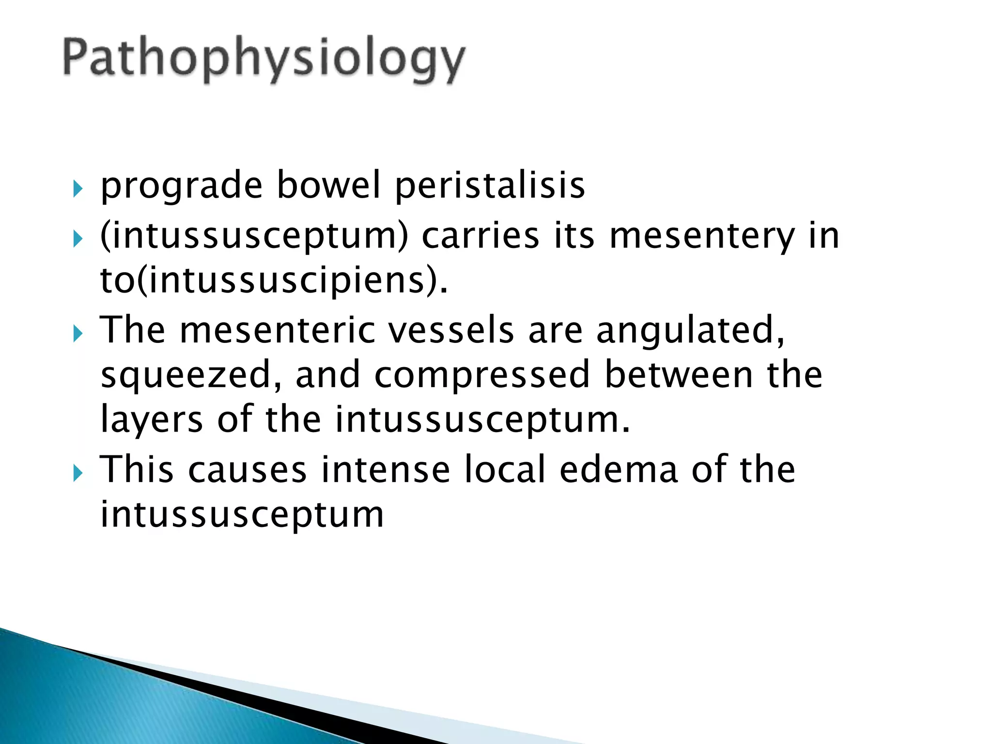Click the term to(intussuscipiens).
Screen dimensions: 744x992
pos(274,281)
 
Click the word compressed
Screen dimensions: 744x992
pos(482,375)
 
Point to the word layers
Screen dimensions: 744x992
pos(151,419)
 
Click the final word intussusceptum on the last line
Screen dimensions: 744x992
pos(242,514)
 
